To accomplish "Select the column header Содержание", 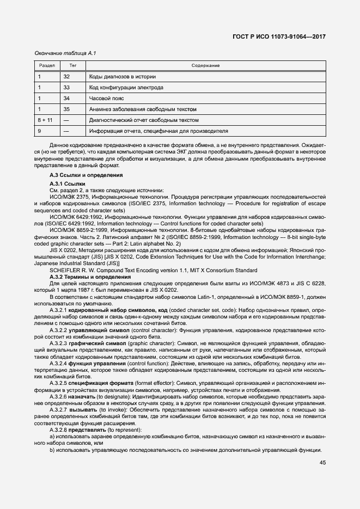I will tap(205, 65).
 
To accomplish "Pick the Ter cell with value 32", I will tap(66, 77).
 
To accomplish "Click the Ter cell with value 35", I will tap(66, 109).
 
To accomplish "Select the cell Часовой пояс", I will tap(107, 99).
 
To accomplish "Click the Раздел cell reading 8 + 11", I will tap(45, 120).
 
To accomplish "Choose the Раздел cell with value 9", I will tap(40, 131).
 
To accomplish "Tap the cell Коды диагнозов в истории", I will tap(123, 77).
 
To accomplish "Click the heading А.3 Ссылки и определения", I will tap(86, 175).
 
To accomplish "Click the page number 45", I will tap(322, 463).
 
